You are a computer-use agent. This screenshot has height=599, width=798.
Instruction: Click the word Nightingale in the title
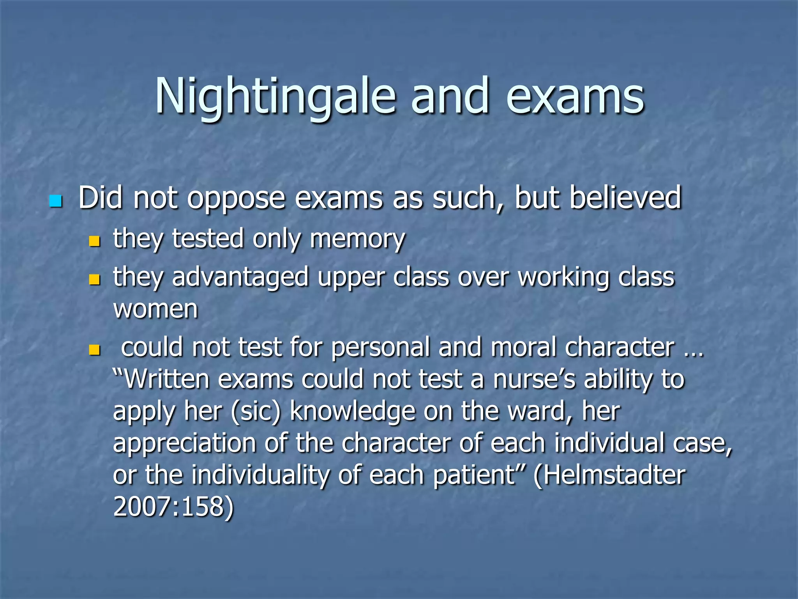[275, 97]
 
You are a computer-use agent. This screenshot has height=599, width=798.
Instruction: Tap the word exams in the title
[575, 97]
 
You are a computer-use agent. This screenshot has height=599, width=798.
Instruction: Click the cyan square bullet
[56, 201]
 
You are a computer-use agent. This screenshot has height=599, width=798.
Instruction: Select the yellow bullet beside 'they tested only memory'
[94, 241]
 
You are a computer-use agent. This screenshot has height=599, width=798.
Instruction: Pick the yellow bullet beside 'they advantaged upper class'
[94, 280]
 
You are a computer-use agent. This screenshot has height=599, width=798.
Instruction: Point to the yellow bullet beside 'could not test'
[94, 349]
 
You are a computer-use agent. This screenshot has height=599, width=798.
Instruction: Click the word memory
[357, 239]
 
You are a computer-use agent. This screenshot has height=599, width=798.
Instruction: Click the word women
[155, 309]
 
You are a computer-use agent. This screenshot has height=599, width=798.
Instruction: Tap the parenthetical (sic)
[256, 412]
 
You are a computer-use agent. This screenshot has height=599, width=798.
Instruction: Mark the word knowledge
[353, 412]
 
